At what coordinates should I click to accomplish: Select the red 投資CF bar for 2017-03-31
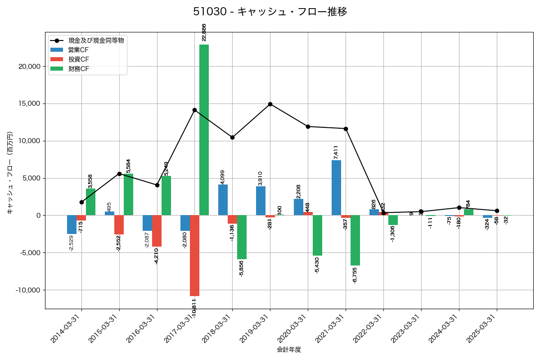click(194, 256)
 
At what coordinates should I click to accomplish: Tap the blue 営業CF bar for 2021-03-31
click(336, 188)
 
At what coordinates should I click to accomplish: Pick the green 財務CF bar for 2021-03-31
click(355, 240)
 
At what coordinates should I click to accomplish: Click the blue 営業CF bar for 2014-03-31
click(72, 225)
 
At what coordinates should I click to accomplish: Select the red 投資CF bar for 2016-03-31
click(157, 231)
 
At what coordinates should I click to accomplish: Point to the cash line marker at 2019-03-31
click(270, 104)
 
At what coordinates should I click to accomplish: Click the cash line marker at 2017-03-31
click(194, 110)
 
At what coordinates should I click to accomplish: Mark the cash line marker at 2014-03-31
click(81, 202)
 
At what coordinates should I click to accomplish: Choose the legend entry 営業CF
click(78, 49)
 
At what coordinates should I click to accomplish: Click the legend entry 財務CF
click(78, 69)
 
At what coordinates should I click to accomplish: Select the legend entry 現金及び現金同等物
click(93, 40)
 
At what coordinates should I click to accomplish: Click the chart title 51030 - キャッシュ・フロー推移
click(270, 12)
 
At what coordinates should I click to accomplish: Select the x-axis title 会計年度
click(289, 350)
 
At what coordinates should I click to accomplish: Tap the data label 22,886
click(204, 32)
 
